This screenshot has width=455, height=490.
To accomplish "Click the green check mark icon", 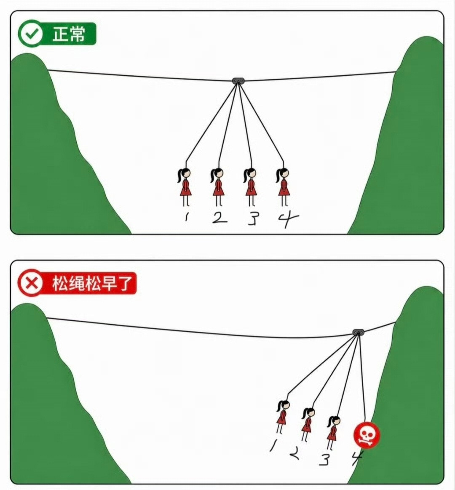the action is point(30,33).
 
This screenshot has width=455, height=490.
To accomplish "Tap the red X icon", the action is point(30,283).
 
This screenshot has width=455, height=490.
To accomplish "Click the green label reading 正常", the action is point(69,34).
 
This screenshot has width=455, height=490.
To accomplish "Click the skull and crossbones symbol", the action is point(367,435).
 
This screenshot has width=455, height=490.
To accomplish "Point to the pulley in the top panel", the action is point(238,81).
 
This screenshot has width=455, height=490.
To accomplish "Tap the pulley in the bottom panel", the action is point(359,332).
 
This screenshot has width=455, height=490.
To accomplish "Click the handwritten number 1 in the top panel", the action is point(186,217).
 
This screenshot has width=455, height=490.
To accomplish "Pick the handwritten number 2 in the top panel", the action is point(219,218).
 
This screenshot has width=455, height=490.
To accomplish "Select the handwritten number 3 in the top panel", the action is point(252,219).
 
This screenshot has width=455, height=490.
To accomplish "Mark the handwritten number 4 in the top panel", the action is point(288,219).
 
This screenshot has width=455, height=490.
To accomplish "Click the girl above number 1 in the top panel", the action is point(185,187).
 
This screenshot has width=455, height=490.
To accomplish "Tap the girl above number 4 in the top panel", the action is point(283,187).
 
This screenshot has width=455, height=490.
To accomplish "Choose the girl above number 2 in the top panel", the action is point(218,187).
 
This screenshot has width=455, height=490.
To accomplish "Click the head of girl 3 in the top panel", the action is point(251,173).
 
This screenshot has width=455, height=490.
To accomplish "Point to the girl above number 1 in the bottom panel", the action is point(282,417).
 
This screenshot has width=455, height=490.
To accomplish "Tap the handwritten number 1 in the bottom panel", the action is point(274,445).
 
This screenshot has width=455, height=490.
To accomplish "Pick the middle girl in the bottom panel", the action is point(308,424).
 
